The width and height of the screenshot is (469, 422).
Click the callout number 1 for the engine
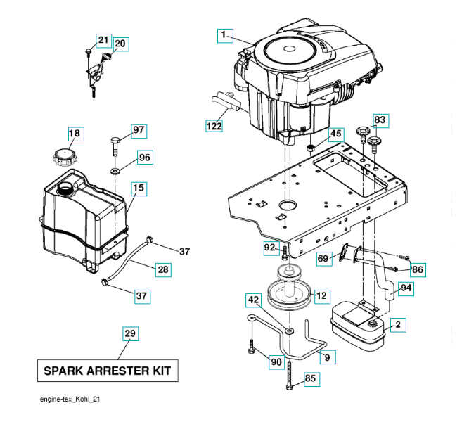click(224, 34)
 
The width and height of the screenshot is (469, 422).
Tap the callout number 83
click(380, 120)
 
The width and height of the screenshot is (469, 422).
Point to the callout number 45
click(335, 133)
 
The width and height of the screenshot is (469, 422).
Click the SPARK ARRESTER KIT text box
click(107, 370)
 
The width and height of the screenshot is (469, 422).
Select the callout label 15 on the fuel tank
click(139, 188)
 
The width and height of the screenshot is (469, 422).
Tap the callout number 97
click(138, 130)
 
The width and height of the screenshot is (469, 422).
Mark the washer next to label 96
click(115, 170)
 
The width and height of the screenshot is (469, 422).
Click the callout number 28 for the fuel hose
click(162, 269)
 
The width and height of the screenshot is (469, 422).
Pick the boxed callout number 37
click(142, 296)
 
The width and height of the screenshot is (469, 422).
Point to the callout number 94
click(406, 288)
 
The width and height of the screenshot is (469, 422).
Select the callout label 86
click(418, 269)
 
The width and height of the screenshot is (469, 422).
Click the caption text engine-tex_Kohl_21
click(74, 399)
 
